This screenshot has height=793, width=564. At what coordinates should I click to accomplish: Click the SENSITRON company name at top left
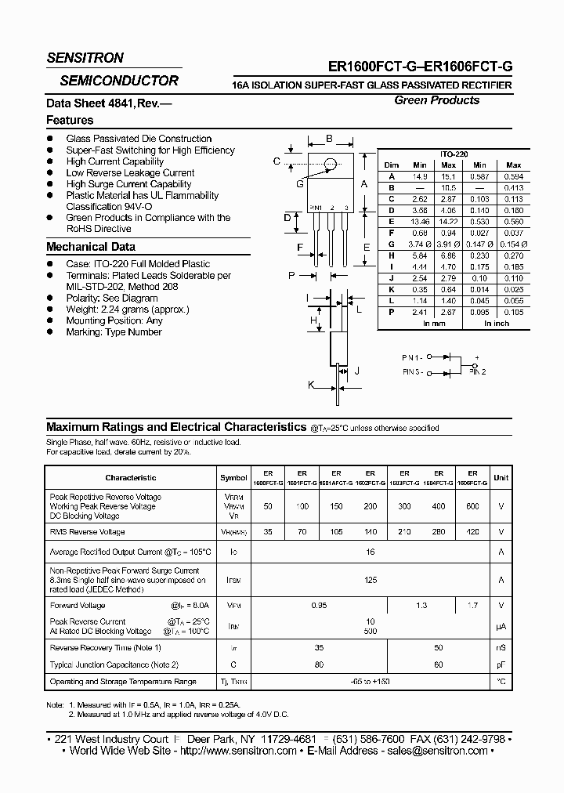(x=85, y=58)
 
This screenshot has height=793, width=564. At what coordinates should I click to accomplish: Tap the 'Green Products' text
(x=436, y=100)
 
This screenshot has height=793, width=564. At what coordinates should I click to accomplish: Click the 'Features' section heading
(x=70, y=120)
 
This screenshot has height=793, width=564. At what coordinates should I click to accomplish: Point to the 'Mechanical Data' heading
(x=91, y=247)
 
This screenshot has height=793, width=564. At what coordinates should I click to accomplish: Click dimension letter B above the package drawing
(x=329, y=139)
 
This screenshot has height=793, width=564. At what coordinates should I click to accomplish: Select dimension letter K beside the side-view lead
(x=311, y=385)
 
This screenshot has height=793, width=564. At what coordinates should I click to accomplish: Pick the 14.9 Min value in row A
(x=420, y=177)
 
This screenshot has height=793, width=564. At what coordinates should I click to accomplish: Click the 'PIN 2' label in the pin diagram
(x=478, y=371)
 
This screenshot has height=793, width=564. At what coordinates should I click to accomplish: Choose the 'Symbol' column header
(x=233, y=477)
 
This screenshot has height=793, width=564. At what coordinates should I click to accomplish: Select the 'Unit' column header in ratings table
(x=501, y=477)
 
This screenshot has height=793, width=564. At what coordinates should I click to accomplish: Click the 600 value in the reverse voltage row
(x=473, y=507)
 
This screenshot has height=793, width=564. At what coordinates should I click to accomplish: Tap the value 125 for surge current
(x=371, y=581)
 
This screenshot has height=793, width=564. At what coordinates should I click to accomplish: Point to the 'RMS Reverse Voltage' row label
(x=87, y=532)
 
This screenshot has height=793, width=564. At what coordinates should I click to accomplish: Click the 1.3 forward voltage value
(x=421, y=606)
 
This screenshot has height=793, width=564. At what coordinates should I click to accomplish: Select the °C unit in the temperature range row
(x=501, y=682)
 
